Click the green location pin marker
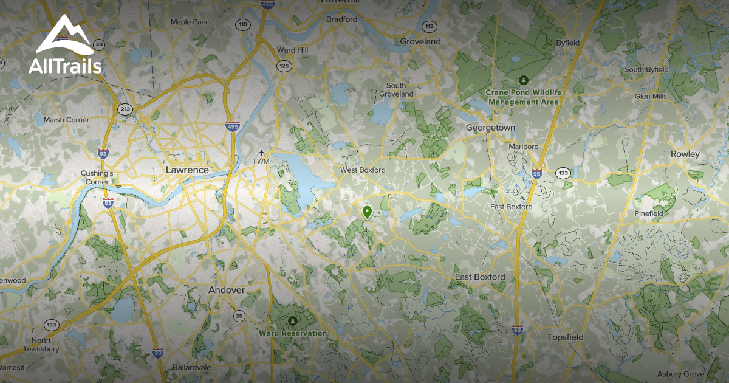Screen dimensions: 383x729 367,212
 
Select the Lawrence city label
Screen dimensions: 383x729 187,170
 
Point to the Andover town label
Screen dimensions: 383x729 227,290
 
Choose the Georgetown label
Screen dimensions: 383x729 490,128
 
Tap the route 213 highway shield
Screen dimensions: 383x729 125,109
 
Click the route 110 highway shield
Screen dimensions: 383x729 244,25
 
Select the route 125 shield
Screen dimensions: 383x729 283,66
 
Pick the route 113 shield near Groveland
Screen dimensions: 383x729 430,26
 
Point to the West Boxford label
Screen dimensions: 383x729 363,170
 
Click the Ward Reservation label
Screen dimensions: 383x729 293,333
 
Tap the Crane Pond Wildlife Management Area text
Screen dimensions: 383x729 523,97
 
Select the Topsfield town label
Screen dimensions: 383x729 565,337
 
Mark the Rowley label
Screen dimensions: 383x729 685,154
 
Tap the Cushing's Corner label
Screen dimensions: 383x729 97,177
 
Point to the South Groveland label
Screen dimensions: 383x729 396,90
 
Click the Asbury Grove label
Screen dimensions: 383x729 680,374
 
